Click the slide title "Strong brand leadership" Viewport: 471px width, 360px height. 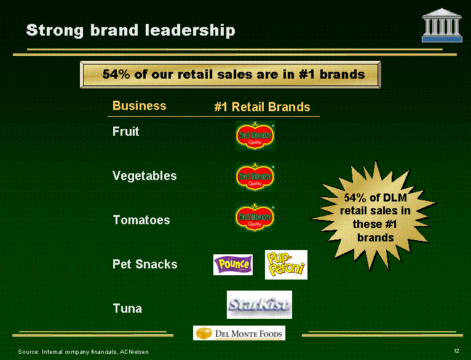(x=131, y=30)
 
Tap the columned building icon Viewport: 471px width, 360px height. (x=441, y=25)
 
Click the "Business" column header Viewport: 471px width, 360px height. (x=139, y=106)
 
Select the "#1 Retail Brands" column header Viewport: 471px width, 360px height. (x=262, y=107)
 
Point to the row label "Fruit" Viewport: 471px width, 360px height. (x=125, y=131)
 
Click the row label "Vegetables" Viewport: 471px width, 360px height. (x=144, y=176)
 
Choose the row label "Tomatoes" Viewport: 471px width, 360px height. (x=141, y=220)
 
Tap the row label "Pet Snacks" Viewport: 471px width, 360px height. (x=144, y=264)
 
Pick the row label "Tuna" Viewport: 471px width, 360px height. (x=127, y=308)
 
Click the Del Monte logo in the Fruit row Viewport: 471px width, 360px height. (x=255, y=135)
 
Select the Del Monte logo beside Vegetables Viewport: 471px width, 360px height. (x=255, y=177)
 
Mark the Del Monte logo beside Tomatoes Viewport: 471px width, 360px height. (x=255, y=217)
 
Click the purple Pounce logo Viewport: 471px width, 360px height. (x=233, y=265)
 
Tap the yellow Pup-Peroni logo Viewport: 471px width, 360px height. (x=286, y=265)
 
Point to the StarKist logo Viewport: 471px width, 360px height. (x=259, y=305)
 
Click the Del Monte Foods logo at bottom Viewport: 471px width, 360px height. (x=239, y=333)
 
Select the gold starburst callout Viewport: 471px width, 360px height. (x=374, y=216)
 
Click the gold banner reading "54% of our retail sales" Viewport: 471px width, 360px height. (x=231, y=74)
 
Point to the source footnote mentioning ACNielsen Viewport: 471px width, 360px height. (x=83, y=351)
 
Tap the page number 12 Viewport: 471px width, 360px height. (x=457, y=351)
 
